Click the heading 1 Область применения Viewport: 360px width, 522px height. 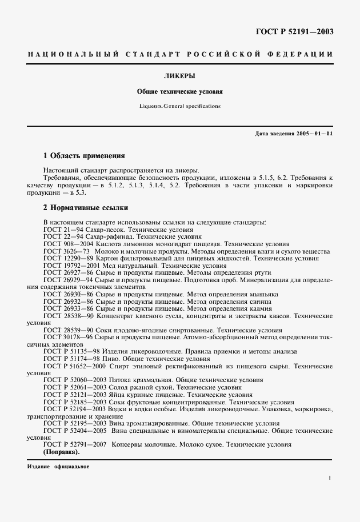(x=84, y=155)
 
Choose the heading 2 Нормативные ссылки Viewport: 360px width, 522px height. (x=86, y=207)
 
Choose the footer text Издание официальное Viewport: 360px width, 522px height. (x=58, y=467)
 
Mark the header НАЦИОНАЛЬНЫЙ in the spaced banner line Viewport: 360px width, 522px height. (x=72, y=54)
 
